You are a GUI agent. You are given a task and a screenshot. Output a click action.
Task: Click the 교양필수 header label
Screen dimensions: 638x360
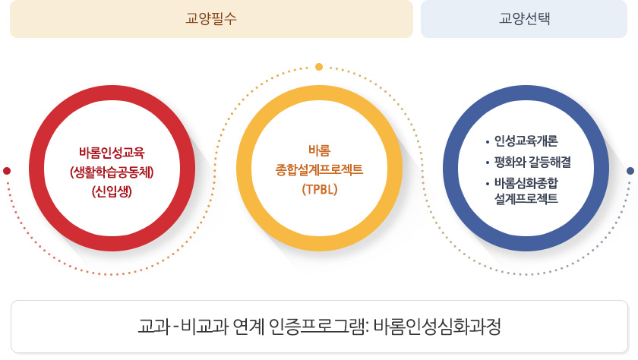[x=211, y=19]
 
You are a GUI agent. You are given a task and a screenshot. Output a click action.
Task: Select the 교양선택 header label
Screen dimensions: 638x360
[x=525, y=19]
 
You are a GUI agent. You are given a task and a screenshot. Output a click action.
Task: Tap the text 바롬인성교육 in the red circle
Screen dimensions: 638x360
[x=112, y=153]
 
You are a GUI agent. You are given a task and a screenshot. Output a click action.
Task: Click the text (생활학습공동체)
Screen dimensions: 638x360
[x=112, y=172]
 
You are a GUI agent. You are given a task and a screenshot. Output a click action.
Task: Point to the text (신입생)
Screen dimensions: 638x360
[x=112, y=191]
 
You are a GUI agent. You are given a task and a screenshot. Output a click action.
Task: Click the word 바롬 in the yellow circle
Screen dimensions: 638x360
[x=320, y=150]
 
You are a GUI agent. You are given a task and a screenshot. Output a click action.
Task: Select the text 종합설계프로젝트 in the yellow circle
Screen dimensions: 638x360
[x=320, y=169]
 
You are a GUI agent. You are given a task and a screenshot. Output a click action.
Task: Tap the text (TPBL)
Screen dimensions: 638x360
[x=320, y=189]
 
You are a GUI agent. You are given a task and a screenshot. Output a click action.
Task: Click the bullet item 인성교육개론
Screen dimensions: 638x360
[x=526, y=141]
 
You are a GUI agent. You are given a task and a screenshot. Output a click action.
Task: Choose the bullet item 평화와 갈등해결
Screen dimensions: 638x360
[x=532, y=162]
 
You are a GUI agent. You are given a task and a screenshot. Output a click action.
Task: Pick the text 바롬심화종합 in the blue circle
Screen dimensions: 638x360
[x=526, y=183]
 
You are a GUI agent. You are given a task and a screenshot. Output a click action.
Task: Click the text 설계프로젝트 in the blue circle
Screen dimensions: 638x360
[x=526, y=198]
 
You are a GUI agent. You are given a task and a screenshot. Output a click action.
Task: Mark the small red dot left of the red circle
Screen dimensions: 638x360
[x=7, y=171]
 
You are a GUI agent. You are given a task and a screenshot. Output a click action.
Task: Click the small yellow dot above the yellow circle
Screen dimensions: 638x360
[x=319, y=67]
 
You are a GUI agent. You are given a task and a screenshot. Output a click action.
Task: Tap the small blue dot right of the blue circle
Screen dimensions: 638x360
[x=630, y=171]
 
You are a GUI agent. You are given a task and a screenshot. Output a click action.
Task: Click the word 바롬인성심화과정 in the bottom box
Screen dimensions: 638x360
[x=437, y=327]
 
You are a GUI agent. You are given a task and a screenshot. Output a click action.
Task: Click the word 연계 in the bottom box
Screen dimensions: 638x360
[x=249, y=327]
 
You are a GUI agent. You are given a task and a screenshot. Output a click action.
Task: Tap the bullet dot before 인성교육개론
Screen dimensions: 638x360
[x=488, y=142]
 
